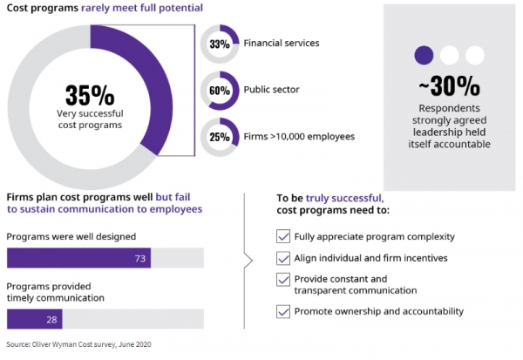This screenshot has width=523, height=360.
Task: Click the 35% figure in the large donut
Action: coord(90,94)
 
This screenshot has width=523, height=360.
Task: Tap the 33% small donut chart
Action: coord(219,44)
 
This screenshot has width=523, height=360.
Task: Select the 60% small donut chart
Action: coord(219,89)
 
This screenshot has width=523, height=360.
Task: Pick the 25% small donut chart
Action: coord(219,137)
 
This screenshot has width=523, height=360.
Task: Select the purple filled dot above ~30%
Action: coord(425,55)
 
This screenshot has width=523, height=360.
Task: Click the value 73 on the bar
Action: coord(139,258)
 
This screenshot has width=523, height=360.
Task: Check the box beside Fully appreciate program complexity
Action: coord(282,236)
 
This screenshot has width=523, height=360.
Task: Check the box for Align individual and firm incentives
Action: coord(282,258)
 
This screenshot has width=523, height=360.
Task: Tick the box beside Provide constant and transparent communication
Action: coord(282,279)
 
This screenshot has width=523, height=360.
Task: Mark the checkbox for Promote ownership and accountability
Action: coord(282,311)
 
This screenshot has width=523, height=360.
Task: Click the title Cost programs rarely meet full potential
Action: coord(105,8)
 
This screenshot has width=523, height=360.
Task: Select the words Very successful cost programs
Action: coord(90,119)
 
